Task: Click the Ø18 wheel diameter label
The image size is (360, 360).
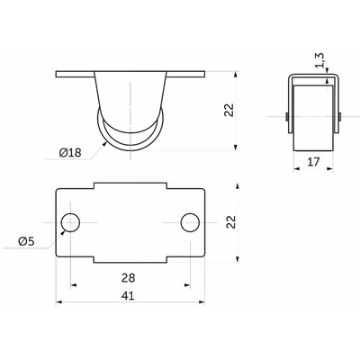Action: click(x=70, y=153)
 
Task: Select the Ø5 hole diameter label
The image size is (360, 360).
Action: click(x=26, y=241)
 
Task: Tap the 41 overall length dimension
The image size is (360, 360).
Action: click(x=128, y=296)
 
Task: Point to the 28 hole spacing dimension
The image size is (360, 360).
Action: click(x=128, y=278)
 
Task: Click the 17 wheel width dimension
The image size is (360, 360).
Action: click(x=313, y=162)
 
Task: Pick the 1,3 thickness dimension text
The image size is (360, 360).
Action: click(x=319, y=60)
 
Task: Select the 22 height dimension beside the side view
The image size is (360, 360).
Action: click(x=229, y=110)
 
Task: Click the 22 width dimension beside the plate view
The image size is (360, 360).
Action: click(x=231, y=222)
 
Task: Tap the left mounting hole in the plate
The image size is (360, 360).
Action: click(x=70, y=222)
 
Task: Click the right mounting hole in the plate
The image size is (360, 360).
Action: click(x=190, y=222)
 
